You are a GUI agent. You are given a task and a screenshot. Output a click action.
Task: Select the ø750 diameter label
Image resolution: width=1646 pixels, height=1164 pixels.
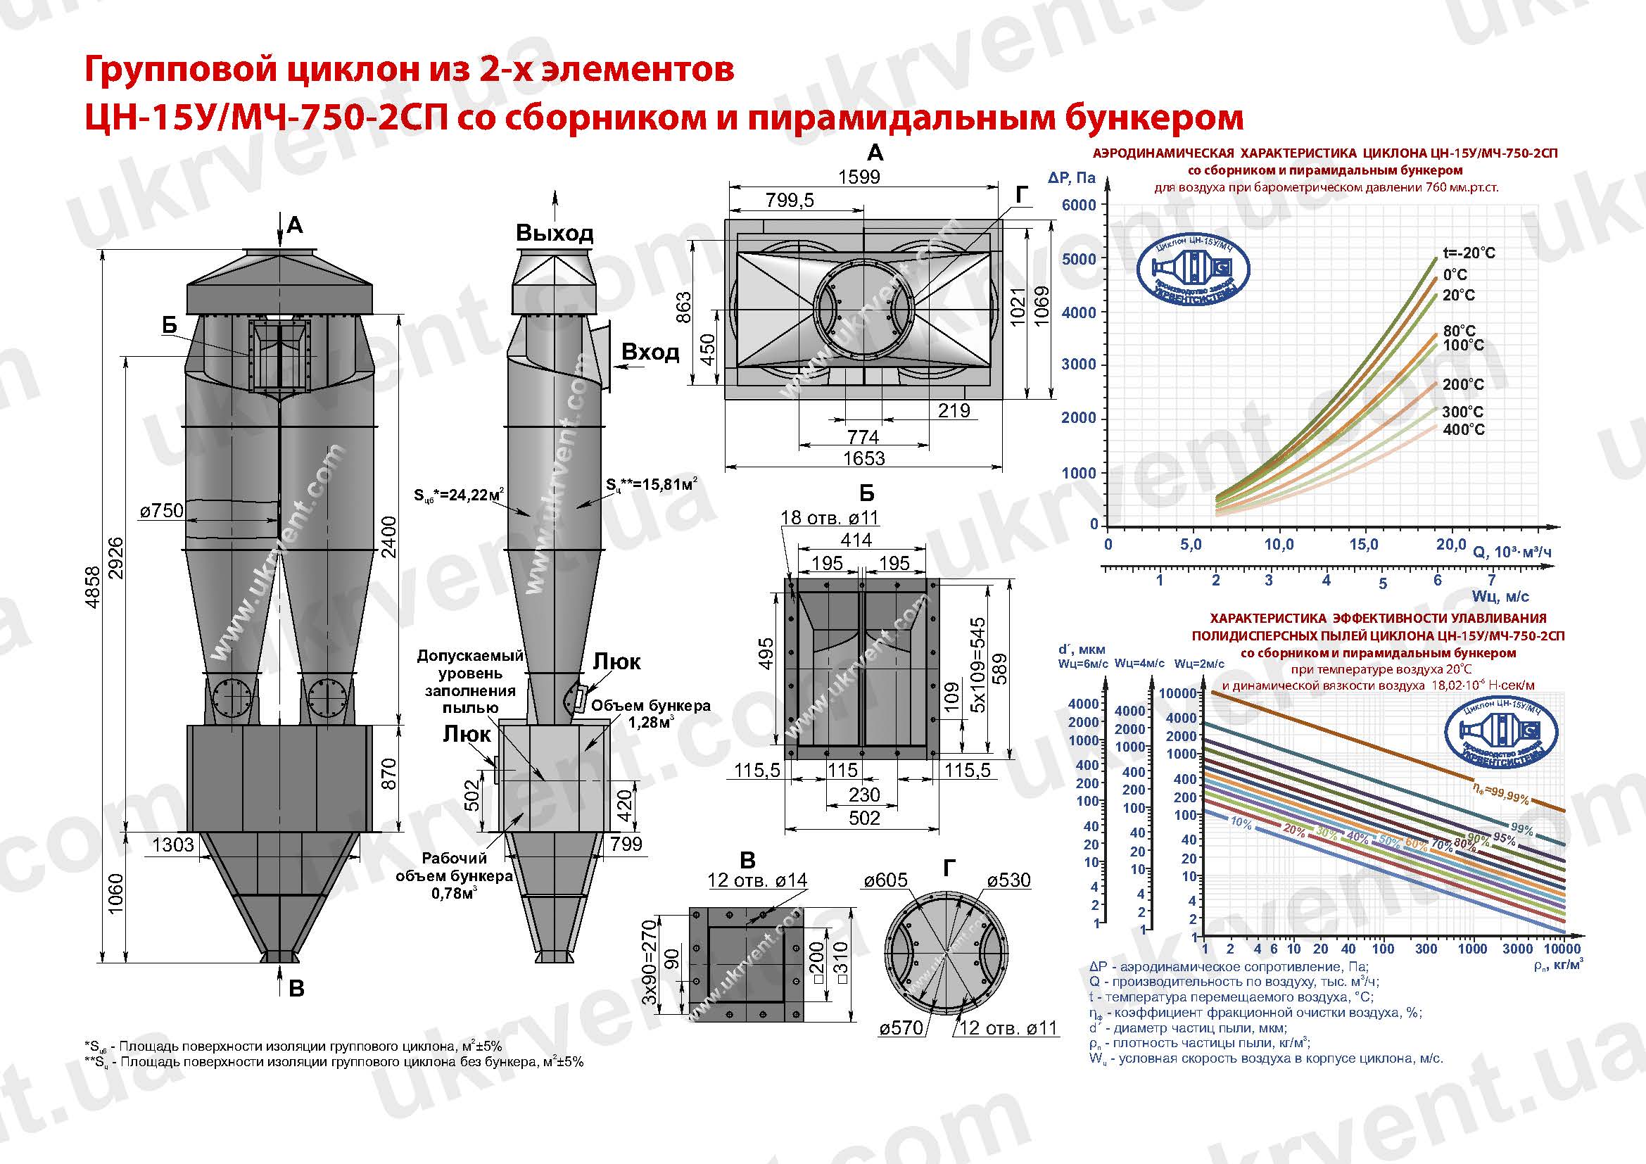point(162,510)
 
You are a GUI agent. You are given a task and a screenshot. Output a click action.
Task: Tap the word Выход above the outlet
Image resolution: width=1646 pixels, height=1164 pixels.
point(554,233)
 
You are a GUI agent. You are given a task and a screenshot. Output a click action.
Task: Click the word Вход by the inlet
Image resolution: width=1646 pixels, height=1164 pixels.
point(650,352)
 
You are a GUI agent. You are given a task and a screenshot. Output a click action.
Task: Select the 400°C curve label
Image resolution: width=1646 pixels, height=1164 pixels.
point(1463,429)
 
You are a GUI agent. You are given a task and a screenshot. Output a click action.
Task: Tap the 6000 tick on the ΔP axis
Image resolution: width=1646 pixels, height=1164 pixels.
point(1078,205)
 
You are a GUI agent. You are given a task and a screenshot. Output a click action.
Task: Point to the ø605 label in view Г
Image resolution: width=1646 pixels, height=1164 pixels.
point(886,880)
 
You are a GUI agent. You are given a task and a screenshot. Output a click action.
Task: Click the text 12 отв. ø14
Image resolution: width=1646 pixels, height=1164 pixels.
point(756,880)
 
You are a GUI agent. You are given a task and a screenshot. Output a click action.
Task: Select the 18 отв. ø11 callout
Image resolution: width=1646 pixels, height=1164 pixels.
point(829,517)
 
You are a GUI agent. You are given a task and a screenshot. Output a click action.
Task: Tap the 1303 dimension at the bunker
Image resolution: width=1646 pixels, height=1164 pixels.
point(173,844)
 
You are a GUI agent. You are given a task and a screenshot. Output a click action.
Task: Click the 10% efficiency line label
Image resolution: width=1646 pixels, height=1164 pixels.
point(1240,823)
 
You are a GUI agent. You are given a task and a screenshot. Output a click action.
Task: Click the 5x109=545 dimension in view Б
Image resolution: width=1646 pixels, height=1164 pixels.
point(977,665)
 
